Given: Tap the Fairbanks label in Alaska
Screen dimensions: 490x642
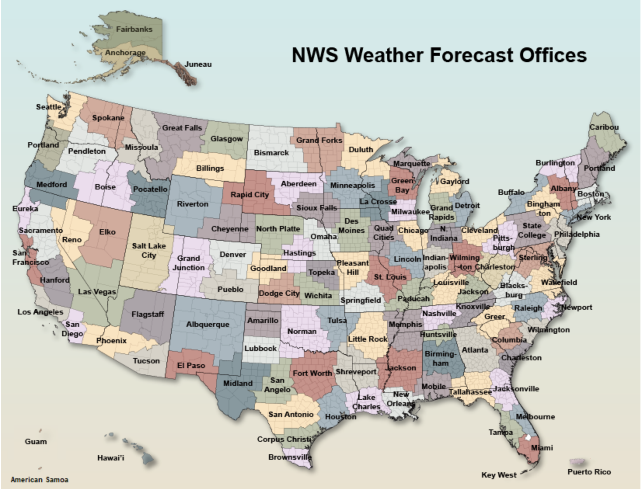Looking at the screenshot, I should [x=134, y=29].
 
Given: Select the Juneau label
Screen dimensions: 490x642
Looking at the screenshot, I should [x=198, y=64].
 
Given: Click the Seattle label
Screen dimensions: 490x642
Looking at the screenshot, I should [x=49, y=107].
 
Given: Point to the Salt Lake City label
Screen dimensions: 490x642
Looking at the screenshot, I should [x=148, y=250].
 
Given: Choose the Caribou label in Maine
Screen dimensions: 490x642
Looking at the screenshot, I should [x=604, y=127].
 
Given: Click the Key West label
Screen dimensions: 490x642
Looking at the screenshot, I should [x=499, y=475].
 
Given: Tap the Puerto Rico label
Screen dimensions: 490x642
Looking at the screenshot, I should [x=589, y=472].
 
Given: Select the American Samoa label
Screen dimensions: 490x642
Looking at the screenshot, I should [x=39, y=480].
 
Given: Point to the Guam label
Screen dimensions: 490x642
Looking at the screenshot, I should [x=35, y=441].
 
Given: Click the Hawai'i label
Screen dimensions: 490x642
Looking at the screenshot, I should [x=111, y=458].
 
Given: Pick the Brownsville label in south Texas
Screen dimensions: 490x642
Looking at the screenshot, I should [x=290, y=457].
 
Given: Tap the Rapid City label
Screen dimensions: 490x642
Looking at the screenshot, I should [x=249, y=195].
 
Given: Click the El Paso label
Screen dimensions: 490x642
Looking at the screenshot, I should [x=191, y=365].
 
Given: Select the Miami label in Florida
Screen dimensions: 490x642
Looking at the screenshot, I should [x=542, y=448].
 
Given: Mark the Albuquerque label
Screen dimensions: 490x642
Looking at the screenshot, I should [x=208, y=324].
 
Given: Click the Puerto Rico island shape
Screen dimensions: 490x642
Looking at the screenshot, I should [x=577, y=462].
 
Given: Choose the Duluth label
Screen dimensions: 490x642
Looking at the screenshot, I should [x=361, y=149].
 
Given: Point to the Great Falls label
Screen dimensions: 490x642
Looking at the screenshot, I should [x=182, y=128].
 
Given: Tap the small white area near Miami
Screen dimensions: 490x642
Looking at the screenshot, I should [x=527, y=438].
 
